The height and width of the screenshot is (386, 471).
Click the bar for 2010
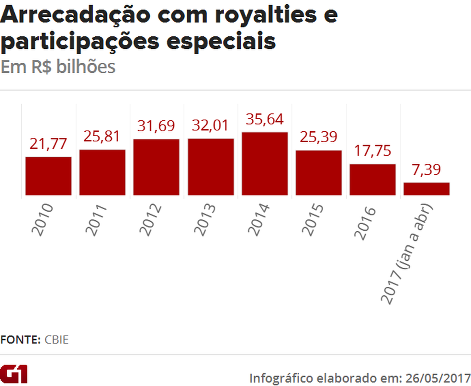tap(48, 176)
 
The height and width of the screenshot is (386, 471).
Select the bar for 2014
tap(265, 163)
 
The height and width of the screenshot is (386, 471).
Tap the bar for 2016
tap(372, 180)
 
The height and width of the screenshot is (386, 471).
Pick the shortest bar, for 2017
tap(426, 189)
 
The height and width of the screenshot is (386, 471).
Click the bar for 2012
tap(156, 167)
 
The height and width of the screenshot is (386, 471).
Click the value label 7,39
tap(426, 170)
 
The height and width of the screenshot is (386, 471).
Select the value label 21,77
tap(48, 144)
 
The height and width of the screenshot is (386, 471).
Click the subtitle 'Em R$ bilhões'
tap(58, 67)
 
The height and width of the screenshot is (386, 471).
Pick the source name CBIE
tap(56, 340)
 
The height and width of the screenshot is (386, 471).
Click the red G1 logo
tap(14, 374)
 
